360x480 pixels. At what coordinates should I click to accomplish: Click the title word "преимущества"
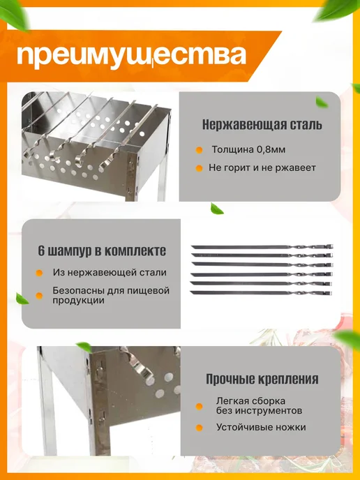[131, 56]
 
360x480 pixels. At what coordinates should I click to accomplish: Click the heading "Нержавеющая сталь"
[262, 125]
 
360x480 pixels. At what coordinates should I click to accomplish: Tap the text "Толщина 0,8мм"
[248, 150]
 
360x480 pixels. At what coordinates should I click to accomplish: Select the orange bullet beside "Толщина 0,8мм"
[199, 150]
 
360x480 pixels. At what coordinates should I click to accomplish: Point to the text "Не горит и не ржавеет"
[262, 167]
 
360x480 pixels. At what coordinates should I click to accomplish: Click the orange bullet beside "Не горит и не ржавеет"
[199, 168]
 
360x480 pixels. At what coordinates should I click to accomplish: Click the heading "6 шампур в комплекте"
[102, 251]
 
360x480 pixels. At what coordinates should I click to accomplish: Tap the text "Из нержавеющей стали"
[110, 273]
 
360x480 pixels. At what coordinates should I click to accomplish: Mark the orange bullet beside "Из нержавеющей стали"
[39, 273]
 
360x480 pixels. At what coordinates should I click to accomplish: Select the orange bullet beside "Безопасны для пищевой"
[39, 295]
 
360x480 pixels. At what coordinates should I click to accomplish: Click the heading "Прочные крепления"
[262, 379]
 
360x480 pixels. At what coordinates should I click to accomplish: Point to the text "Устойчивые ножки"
[261, 427]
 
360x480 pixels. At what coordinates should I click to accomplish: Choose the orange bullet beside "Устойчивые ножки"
[199, 428]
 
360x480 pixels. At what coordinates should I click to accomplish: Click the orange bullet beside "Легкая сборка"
[199, 407]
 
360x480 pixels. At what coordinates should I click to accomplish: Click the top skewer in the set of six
[262, 247]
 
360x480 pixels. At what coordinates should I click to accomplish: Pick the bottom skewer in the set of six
[261, 293]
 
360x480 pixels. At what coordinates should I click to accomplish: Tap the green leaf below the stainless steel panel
[217, 209]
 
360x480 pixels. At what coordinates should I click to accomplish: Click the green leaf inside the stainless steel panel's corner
[322, 102]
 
